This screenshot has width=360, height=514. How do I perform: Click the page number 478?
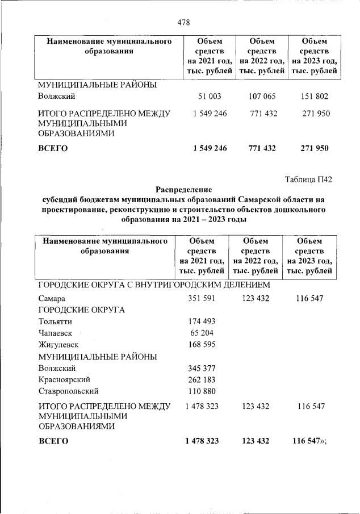click(x=183, y=22)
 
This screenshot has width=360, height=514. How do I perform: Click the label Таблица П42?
click(x=308, y=180)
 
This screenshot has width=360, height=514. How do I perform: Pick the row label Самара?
click(x=52, y=298)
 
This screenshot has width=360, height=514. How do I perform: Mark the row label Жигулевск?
click(x=58, y=344)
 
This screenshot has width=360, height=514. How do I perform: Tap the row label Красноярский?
click(x=64, y=379)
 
